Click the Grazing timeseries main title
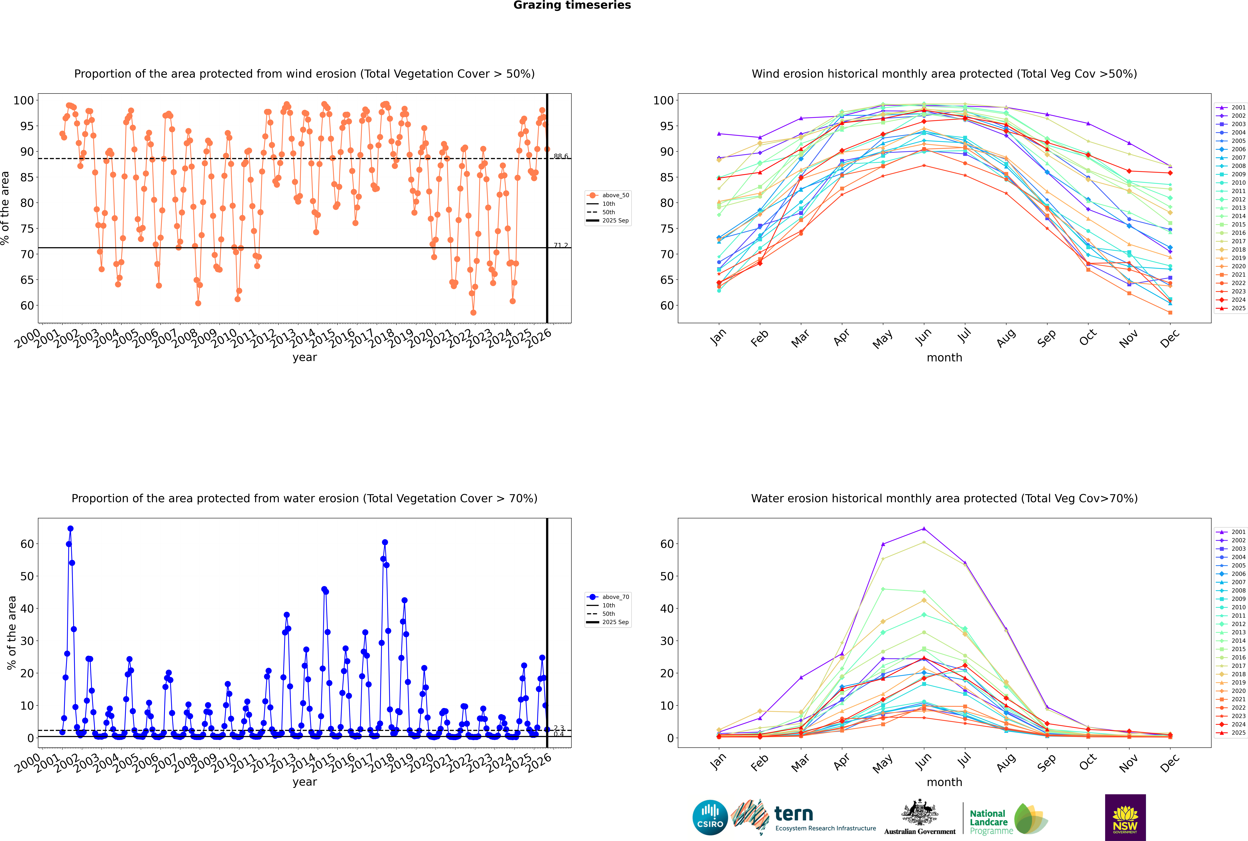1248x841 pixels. tap(572, 5)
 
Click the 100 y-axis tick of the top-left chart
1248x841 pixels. tap(24, 100)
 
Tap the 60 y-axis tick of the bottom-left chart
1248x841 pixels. tap(27, 544)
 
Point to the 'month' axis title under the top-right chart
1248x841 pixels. tap(944, 358)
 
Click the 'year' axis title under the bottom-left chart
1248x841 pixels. tap(305, 782)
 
